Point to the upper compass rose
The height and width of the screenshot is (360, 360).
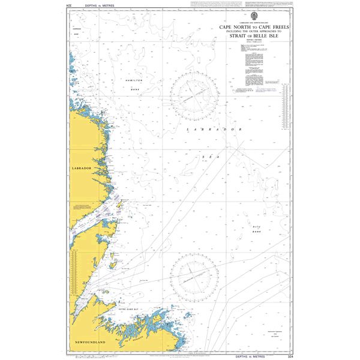[194, 93]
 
